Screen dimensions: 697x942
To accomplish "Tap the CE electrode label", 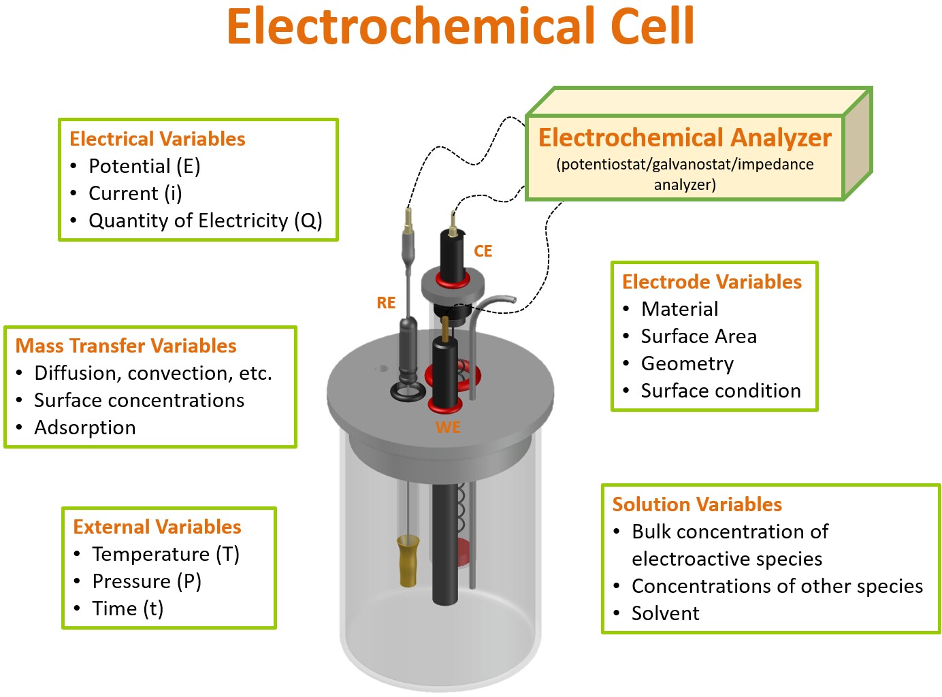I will pyautogui.click(x=483, y=251).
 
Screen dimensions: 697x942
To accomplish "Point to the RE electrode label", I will pyautogui.click(x=386, y=303).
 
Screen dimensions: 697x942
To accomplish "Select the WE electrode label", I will pyautogui.click(x=448, y=427).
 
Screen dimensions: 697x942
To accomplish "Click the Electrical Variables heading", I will pyautogui.click(x=157, y=139).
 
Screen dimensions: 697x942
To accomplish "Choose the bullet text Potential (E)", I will pyautogui.click(x=144, y=167).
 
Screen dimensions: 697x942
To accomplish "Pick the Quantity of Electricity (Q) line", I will pyautogui.click(x=205, y=221).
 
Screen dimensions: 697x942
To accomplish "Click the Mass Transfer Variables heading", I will pyautogui.click(x=126, y=346).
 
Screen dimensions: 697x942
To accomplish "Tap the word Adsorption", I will pyautogui.click(x=85, y=427).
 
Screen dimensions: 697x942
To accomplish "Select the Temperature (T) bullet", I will pyautogui.click(x=165, y=555).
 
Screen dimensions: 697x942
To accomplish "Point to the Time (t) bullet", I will pyautogui.click(x=128, y=609).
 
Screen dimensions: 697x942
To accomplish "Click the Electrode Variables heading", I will pyautogui.click(x=712, y=282).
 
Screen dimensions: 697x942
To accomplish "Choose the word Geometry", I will pyautogui.click(x=687, y=364).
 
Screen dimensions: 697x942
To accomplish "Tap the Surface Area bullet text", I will pyautogui.click(x=698, y=336).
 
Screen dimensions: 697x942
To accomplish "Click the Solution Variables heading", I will pyautogui.click(x=697, y=504).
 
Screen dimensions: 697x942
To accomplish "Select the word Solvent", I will pyautogui.click(x=665, y=613).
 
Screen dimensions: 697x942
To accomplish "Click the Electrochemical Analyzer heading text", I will pyautogui.click(x=685, y=137).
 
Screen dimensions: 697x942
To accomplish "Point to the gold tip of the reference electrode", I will pyautogui.click(x=408, y=560).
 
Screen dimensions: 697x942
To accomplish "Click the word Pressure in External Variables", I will pyautogui.click(x=131, y=582).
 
